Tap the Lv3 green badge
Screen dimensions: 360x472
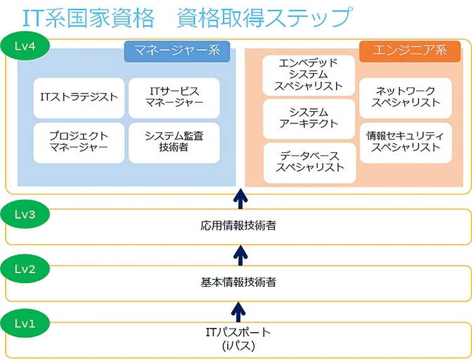(x=24, y=214)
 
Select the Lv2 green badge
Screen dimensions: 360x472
(x=24, y=269)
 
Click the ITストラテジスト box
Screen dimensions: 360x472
(x=79, y=98)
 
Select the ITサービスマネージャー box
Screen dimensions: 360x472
(x=174, y=98)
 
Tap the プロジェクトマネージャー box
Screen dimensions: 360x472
(x=79, y=142)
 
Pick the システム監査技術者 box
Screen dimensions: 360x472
(x=174, y=142)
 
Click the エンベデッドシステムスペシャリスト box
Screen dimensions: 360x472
(x=310, y=74)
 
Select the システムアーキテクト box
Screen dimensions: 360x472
(x=310, y=118)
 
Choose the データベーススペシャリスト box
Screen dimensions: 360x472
(x=310, y=162)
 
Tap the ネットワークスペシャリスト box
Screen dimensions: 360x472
(x=405, y=97)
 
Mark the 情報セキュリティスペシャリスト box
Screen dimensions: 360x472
(x=405, y=142)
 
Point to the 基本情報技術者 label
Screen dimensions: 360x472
(x=239, y=282)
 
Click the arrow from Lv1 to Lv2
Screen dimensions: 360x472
(x=239, y=310)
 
